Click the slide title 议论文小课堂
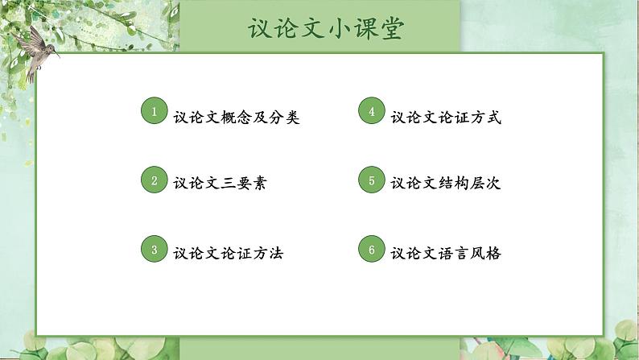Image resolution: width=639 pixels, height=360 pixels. click(x=327, y=28)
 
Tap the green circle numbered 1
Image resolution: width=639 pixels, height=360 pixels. click(x=154, y=112)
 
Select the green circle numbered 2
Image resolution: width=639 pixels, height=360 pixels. click(x=154, y=180)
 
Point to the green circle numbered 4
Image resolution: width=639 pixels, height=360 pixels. click(x=371, y=112)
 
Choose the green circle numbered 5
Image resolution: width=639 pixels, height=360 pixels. click(x=371, y=180)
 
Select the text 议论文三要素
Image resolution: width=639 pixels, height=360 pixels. click(x=220, y=184)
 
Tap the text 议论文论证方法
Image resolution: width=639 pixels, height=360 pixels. click(x=228, y=253)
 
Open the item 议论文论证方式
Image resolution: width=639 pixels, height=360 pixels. click(x=446, y=118)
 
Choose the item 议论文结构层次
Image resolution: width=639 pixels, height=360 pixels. click(x=446, y=184)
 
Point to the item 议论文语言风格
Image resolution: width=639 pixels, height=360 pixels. click(x=446, y=253)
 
